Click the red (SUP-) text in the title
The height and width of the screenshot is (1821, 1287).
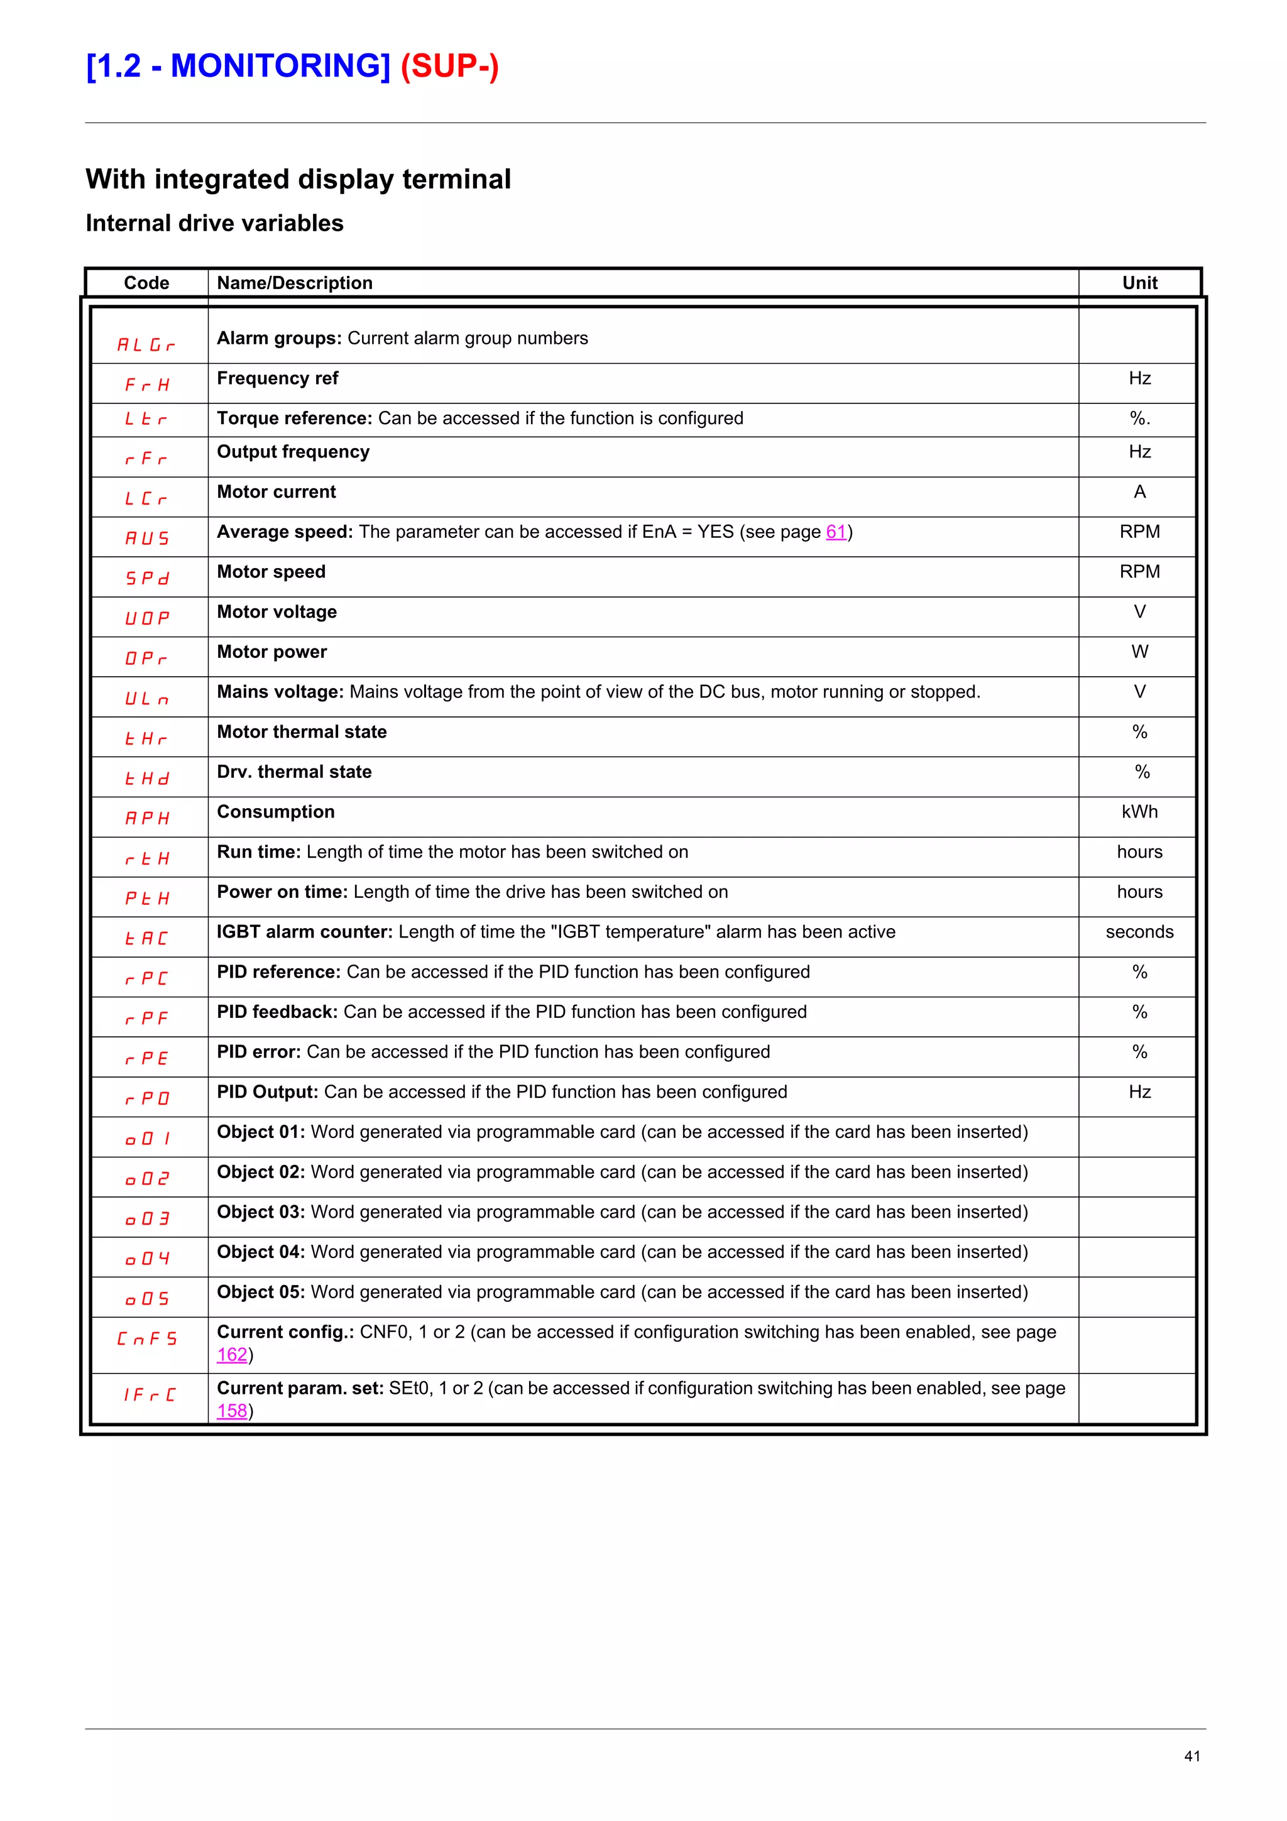[x=449, y=66]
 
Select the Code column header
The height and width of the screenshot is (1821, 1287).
[x=146, y=283]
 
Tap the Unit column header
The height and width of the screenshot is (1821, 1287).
[x=1139, y=283]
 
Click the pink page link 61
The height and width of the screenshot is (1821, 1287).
[x=836, y=532]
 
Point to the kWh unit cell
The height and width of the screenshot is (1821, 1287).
[x=1139, y=812]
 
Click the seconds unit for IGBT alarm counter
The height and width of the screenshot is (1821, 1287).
[x=1139, y=932]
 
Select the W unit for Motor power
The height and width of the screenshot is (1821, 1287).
[x=1139, y=652]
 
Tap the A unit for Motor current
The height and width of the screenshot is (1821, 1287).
[x=1139, y=492]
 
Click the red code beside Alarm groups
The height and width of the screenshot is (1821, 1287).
[x=146, y=345]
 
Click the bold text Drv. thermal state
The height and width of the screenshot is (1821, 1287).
[x=294, y=772]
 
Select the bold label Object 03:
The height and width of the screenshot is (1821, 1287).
[x=261, y=1212]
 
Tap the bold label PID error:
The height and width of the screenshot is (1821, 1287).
[x=258, y=1052]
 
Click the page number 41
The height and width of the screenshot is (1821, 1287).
[x=1192, y=1756]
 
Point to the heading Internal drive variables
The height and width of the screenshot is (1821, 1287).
[x=215, y=224]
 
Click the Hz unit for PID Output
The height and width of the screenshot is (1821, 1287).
[x=1139, y=1092]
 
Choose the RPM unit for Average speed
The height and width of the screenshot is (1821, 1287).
[x=1139, y=532]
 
